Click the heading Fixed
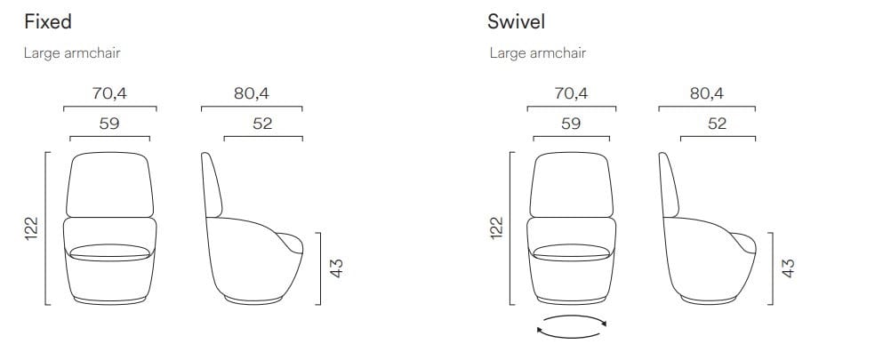point(48,21)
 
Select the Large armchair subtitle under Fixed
point(72,53)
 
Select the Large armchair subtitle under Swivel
point(537,53)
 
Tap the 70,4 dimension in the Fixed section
point(109,93)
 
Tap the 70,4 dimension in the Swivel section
point(570,93)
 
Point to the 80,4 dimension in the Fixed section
point(252,93)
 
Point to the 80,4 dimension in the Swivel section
point(706,93)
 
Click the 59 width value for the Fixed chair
point(109,124)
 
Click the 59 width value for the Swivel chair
point(570,124)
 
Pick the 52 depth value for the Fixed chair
point(262,124)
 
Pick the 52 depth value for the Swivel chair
point(717,124)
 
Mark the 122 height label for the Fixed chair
point(32,228)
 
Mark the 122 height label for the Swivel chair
point(497,228)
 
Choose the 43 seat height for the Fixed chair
point(336,268)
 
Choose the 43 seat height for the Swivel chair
point(787,268)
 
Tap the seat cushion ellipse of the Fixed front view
point(109,252)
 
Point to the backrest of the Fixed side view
point(212,187)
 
